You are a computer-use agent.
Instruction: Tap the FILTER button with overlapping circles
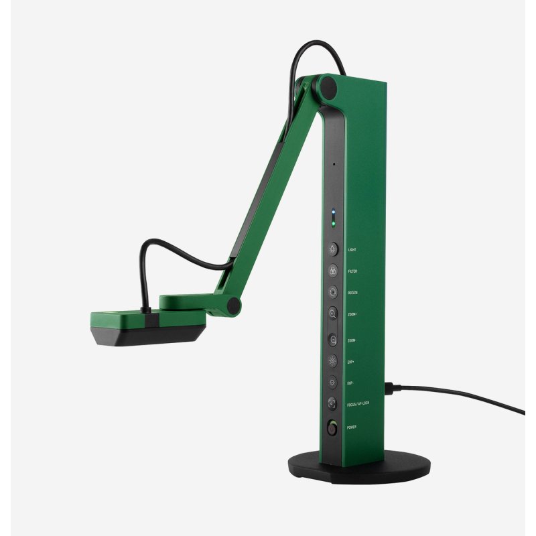click(332, 271)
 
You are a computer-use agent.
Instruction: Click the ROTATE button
click(332, 292)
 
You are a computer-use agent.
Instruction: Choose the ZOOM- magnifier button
click(332, 340)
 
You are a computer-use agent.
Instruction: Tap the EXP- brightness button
click(332, 383)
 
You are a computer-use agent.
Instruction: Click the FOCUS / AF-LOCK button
click(332, 404)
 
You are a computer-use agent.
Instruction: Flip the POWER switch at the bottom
click(332, 427)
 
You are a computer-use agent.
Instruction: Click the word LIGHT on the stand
click(352, 249)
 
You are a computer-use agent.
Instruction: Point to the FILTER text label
click(352, 271)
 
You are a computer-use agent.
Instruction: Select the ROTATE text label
click(353, 293)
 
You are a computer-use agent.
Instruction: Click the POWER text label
click(352, 427)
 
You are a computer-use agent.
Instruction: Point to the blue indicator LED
click(332, 214)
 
